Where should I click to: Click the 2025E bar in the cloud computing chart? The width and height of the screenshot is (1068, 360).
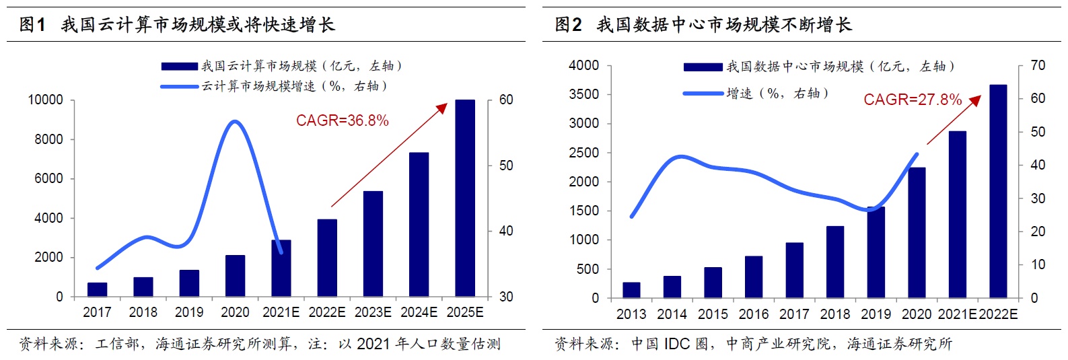465,199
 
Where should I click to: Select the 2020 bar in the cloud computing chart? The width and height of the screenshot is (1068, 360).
235,276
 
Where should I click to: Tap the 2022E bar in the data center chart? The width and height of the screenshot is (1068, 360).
998,192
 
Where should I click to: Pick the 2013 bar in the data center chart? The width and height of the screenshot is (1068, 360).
631,290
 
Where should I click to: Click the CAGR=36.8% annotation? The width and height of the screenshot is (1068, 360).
342,121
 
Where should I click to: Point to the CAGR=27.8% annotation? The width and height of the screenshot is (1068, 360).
912,100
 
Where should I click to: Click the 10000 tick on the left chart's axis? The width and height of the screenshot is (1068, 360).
46,100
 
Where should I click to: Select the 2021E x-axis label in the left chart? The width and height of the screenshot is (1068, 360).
281,312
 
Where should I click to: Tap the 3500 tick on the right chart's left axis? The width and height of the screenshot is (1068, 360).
583,94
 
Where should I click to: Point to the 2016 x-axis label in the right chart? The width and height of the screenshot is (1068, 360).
753,314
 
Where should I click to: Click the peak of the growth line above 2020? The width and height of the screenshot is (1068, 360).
234,122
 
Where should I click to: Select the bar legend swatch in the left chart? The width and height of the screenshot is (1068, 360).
180,66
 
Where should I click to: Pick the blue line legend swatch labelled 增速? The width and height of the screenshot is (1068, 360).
703,94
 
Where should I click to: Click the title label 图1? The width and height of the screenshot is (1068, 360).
32,26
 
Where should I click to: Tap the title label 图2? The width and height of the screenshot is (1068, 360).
568,26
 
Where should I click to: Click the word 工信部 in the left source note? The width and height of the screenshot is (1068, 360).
116,345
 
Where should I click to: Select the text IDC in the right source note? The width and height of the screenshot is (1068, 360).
676,345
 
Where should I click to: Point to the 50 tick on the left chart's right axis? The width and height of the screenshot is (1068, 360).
506,166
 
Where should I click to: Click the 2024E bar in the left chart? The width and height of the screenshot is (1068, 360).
419,225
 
